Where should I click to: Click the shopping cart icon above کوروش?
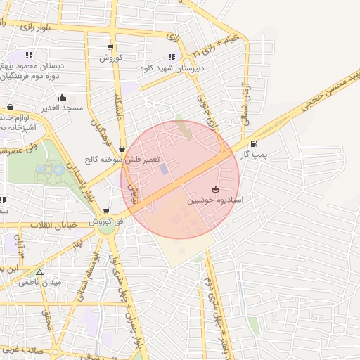pos(110,46)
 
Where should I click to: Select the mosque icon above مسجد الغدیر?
pos(63,98)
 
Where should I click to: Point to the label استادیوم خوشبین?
pos(214,200)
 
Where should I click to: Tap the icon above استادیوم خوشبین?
pos(214,189)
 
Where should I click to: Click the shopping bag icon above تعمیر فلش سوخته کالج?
pos(123,149)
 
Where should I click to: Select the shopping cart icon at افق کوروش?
pos(106,210)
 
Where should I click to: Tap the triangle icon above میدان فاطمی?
pos(39,272)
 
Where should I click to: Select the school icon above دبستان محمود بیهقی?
pos(29,54)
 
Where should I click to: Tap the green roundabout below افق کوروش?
pos(106,227)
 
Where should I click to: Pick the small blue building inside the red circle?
pos(164,169)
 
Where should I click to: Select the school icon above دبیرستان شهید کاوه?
pos(172,57)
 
